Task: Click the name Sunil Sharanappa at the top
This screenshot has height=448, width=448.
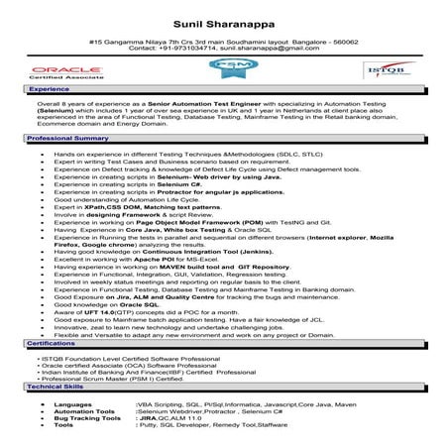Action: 224,18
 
